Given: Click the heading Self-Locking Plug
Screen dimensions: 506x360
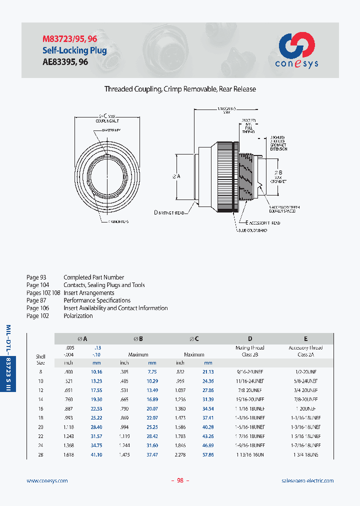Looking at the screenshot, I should click(74, 50).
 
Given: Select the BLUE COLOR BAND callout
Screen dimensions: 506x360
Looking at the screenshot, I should click(252, 231).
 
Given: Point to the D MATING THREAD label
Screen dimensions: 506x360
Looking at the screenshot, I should click(170, 212).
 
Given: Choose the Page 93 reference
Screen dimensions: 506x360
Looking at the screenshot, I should click(36, 277).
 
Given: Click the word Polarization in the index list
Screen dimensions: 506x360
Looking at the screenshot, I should click(78, 315).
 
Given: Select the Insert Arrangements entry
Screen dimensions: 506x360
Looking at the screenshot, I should click(88, 292).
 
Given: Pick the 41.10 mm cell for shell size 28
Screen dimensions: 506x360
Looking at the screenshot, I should click(96, 454).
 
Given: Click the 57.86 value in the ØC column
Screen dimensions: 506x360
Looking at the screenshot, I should click(208, 454).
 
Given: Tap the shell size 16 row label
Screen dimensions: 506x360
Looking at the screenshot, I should click(40, 408).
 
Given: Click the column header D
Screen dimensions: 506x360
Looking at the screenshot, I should click(250, 338).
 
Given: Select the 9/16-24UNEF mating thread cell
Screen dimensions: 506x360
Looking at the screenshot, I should click(250, 372).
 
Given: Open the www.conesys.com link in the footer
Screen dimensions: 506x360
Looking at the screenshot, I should click(46, 480).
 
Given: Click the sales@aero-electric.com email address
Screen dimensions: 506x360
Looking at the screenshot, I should click(307, 480).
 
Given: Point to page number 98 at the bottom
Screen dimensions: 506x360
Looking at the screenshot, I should click(180, 480).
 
